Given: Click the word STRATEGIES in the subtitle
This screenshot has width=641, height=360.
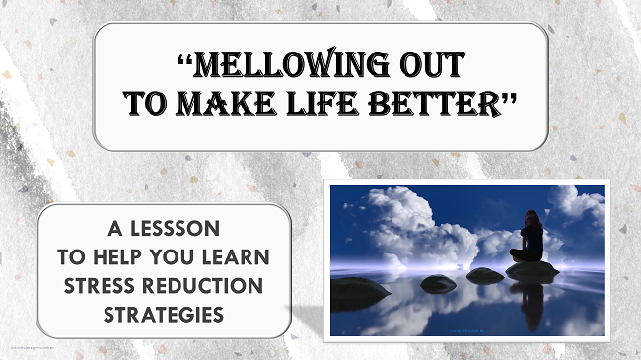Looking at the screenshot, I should point(163,316).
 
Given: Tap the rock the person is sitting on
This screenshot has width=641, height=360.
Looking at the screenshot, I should point(533,268).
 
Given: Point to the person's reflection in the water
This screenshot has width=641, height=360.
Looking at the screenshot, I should point(533,306).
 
